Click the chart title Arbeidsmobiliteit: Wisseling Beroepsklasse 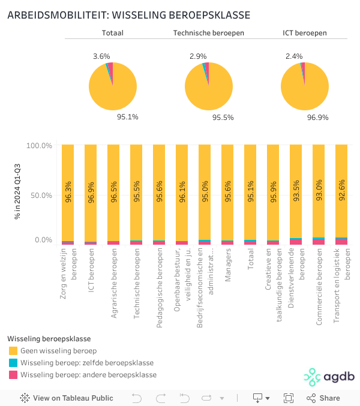click(x=128, y=15)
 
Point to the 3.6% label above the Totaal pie click(x=101, y=56)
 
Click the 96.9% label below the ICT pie click(x=318, y=117)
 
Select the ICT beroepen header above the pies click(x=305, y=33)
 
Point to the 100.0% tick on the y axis click(x=40, y=146)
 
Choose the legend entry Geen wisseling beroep click(x=58, y=351)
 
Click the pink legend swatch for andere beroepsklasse click(x=13, y=375)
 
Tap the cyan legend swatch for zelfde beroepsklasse click(x=13, y=363)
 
